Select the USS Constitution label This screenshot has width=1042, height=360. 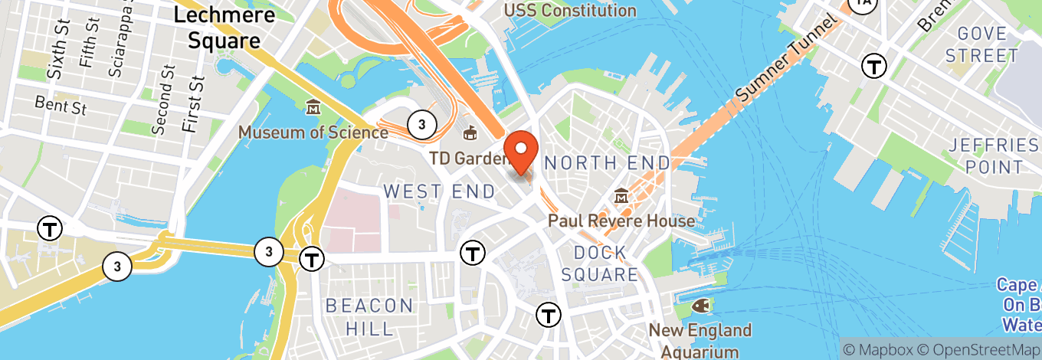tap(570, 11)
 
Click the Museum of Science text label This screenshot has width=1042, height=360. tap(313, 133)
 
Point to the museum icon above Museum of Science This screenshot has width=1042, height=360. tap(313, 107)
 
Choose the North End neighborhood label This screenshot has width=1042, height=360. tap(607, 162)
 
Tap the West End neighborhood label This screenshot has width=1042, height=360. tap(440, 191)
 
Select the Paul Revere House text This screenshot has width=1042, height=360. tap(621, 221)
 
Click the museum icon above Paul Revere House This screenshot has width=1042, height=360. tap(621, 197)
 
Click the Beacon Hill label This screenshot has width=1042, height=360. tap(370, 317)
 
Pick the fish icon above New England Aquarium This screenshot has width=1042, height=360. tap(700, 306)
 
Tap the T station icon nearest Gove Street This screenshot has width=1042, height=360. tap(874, 66)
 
